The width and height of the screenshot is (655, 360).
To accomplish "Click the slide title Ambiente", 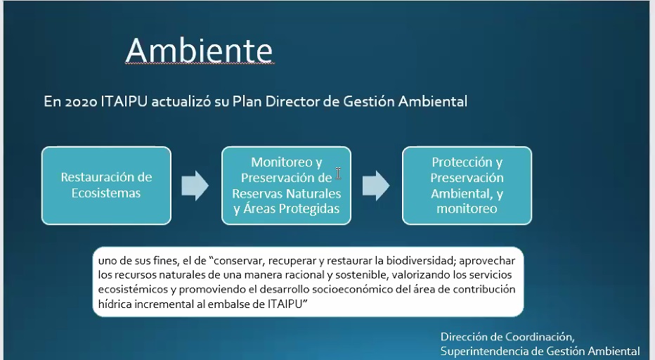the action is coord(200,50).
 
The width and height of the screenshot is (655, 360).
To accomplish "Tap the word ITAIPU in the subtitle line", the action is coord(124,101).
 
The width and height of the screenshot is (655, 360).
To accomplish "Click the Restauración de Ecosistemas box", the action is coord(107,185).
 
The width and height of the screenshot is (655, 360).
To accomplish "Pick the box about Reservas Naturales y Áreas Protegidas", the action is coord(286,185).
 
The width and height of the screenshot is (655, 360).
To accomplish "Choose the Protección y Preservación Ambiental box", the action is coord(467,185).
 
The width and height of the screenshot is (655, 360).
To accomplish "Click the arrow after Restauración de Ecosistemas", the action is coord(195,185).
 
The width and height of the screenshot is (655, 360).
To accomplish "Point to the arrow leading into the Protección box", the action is coord(376,185).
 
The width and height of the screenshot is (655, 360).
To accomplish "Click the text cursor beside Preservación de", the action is coord(338,173).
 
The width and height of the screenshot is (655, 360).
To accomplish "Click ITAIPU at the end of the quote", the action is coord(285,304).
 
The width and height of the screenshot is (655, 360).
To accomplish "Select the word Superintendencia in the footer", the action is coord(487,352).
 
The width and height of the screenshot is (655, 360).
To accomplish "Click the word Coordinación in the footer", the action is coord(540,337).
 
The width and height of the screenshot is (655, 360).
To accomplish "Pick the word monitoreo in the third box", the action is coord(467,209).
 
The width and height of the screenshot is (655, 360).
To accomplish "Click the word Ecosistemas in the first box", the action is coord(106,193).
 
